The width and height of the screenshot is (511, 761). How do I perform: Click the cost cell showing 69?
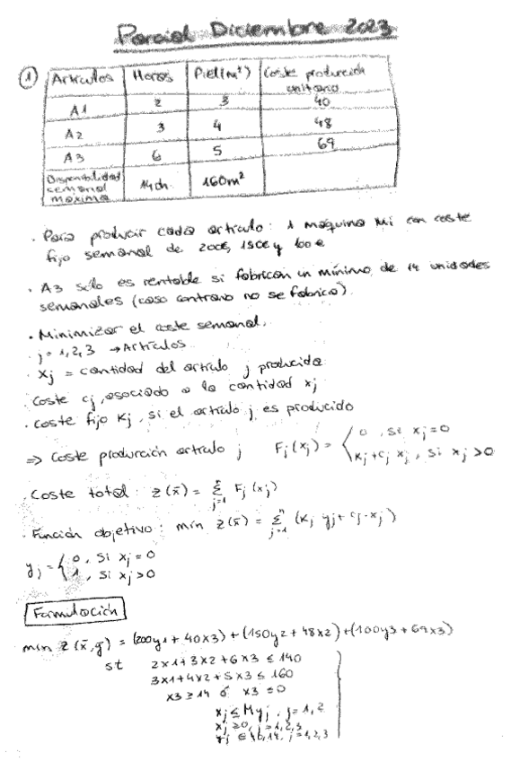pos(295,144)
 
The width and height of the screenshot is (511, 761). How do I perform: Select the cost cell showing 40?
pos(295,103)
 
